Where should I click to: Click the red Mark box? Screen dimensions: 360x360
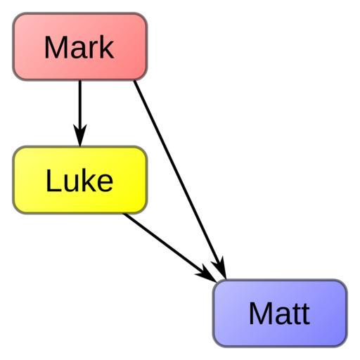80,46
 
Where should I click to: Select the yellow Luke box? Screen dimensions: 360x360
80,180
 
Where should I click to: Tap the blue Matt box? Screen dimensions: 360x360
280,313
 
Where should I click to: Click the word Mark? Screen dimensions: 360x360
79,47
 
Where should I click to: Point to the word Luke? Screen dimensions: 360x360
79,180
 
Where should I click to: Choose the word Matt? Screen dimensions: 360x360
279,314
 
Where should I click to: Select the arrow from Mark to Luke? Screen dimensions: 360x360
80,113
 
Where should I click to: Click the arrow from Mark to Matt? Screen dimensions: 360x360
180,180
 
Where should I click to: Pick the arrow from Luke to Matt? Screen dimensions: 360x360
171,248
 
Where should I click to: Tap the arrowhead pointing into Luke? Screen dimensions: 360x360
80,136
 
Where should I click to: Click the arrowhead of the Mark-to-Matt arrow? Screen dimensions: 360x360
220,269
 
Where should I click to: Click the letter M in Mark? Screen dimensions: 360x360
53,47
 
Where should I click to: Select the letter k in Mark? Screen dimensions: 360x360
107,47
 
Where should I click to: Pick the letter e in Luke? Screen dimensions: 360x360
105,184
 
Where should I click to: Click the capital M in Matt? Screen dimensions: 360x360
259,314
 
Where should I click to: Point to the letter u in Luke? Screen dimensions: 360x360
70,184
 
